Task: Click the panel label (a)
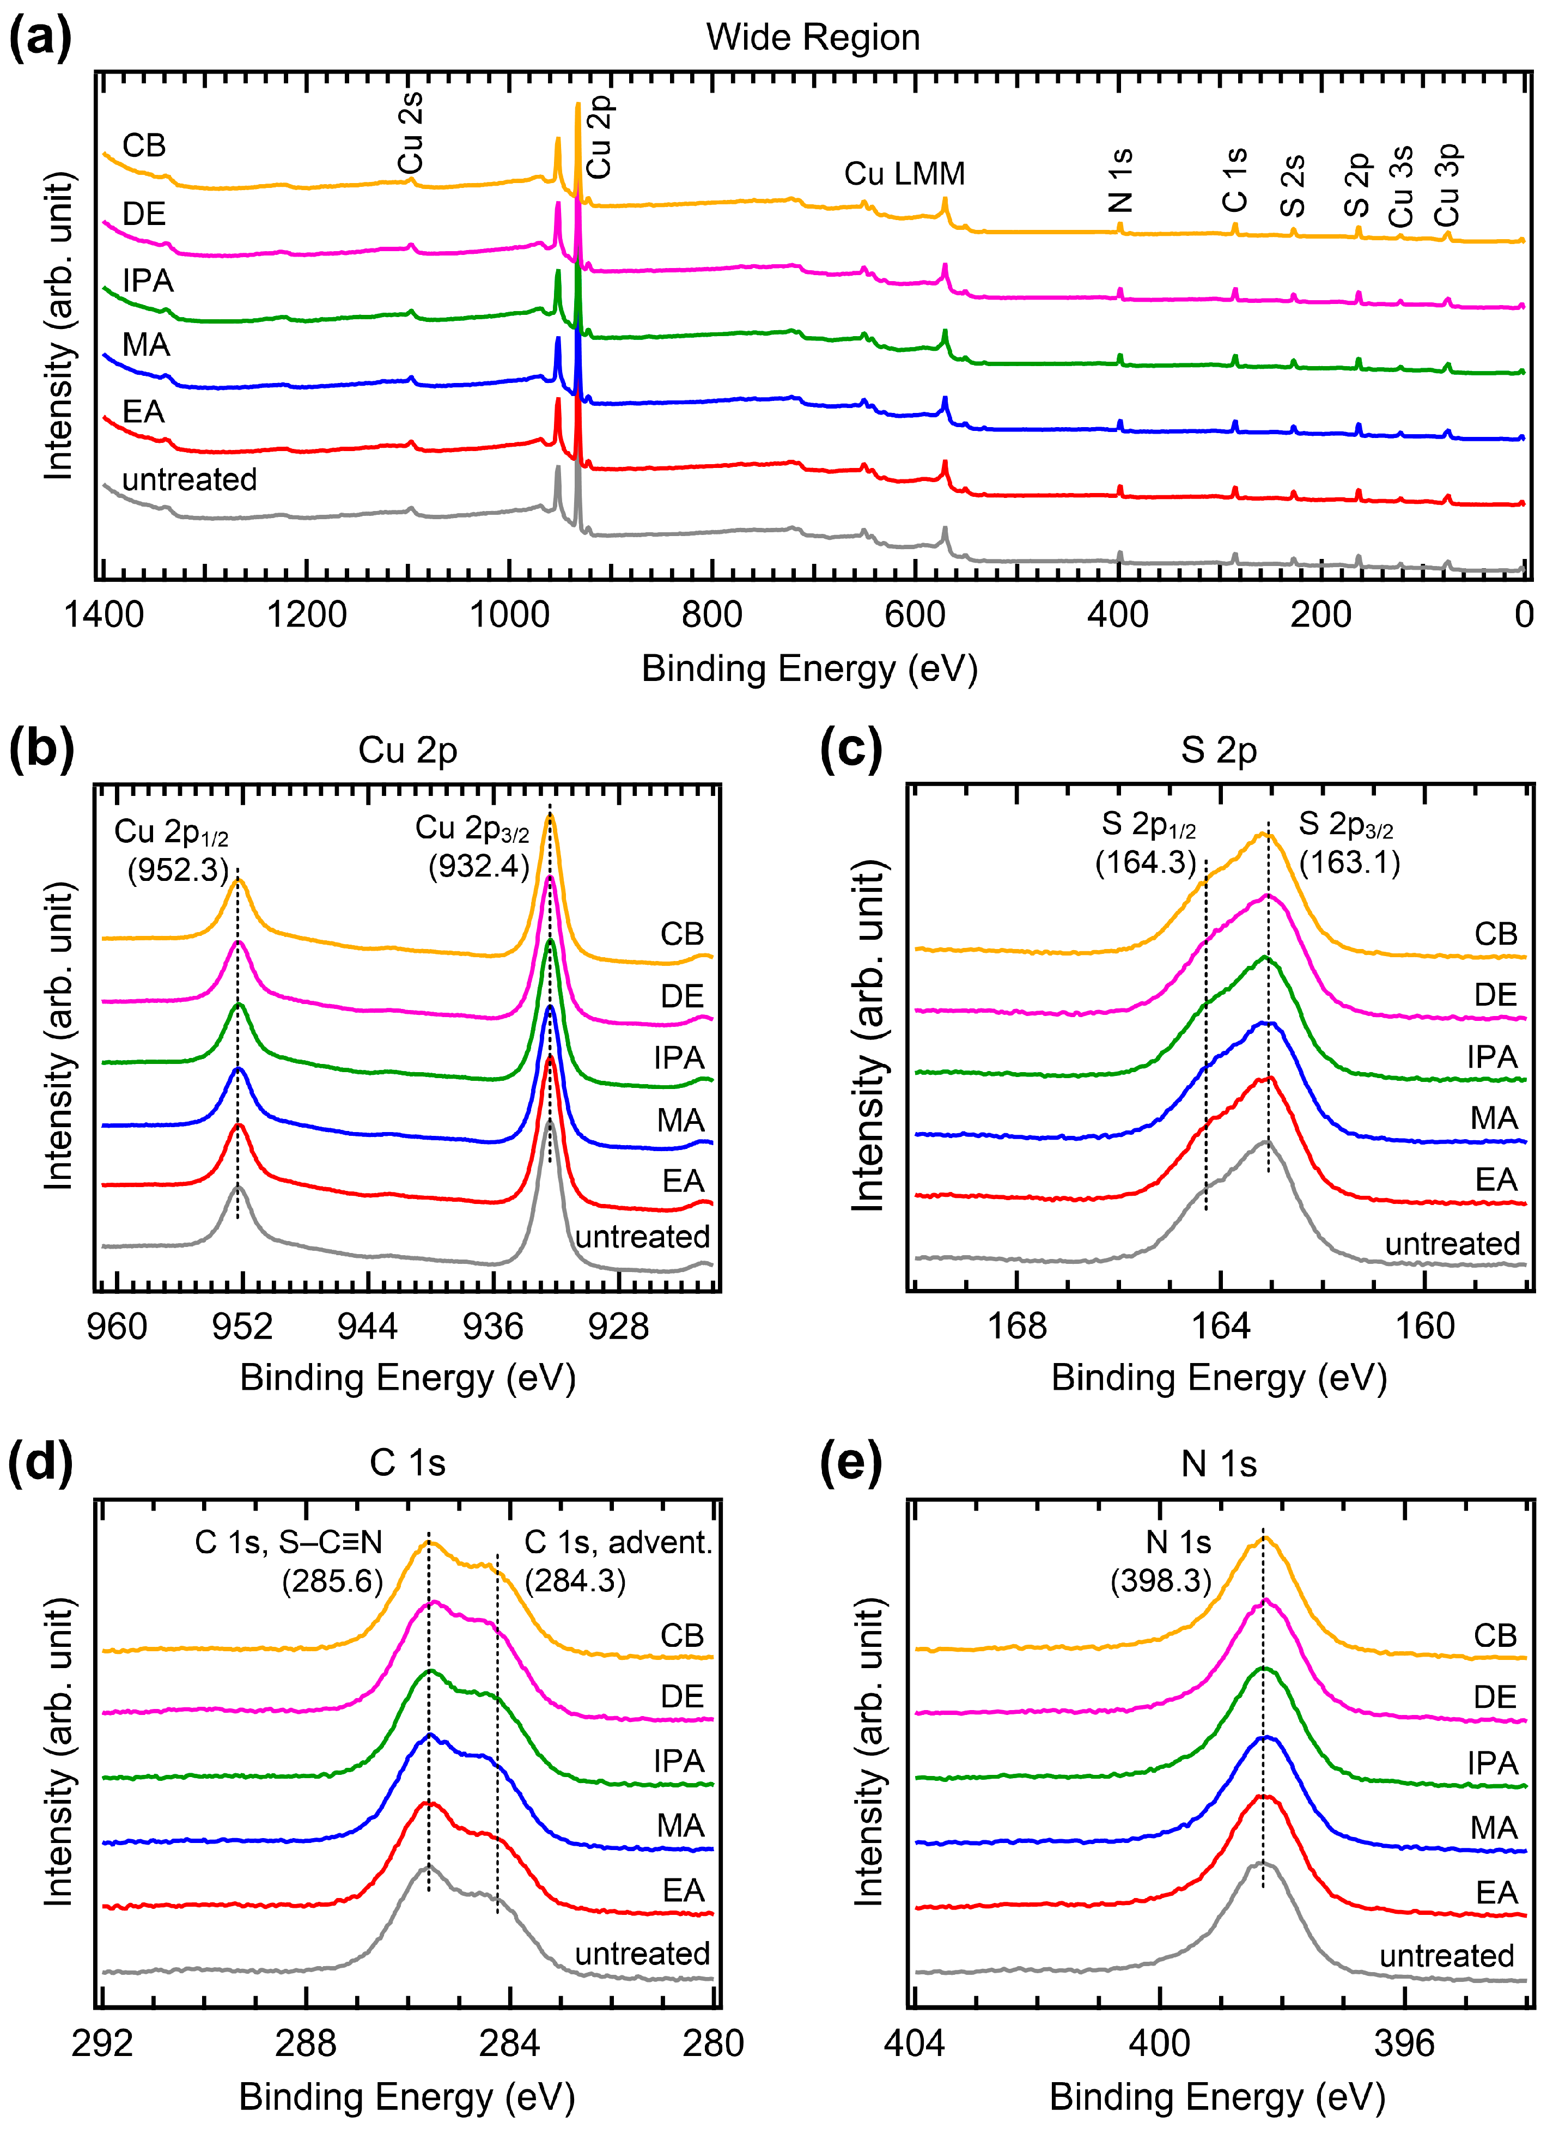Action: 39,39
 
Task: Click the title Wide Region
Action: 813,38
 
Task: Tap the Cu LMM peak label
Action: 904,174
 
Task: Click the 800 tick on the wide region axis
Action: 711,615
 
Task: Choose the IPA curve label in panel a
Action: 148,281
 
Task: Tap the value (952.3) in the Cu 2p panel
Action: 178,869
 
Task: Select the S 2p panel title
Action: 1219,750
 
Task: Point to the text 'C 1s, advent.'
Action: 618,1541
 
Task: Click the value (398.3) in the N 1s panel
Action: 1161,1581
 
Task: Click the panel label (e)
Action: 850,1463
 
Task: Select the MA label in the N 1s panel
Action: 1494,1828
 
